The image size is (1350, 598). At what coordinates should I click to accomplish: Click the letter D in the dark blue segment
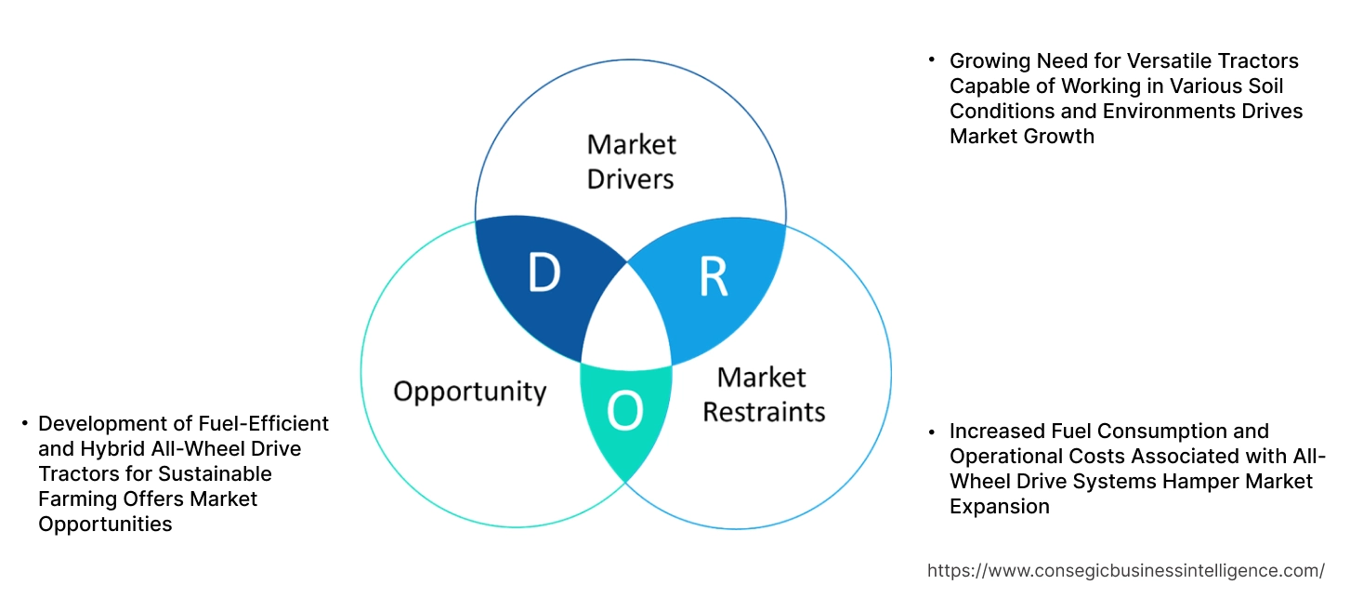point(544,272)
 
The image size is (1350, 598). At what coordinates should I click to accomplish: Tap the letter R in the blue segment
point(713,277)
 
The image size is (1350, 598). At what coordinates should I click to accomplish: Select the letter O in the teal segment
point(625,413)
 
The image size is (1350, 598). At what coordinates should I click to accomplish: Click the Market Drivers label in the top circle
point(632,161)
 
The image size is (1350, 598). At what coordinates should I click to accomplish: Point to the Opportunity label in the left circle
point(469,391)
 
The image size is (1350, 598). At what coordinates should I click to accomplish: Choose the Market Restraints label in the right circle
point(763,394)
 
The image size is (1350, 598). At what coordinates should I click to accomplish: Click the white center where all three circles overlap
point(627,321)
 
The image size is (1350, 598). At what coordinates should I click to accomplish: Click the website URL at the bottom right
point(1126,570)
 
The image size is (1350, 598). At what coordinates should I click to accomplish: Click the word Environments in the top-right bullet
point(1173,112)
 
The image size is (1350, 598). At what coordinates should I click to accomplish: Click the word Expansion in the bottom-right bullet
point(999,506)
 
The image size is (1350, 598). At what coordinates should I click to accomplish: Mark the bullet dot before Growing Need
point(932,60)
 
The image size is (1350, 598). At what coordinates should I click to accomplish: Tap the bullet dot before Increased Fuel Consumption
point(932,432)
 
